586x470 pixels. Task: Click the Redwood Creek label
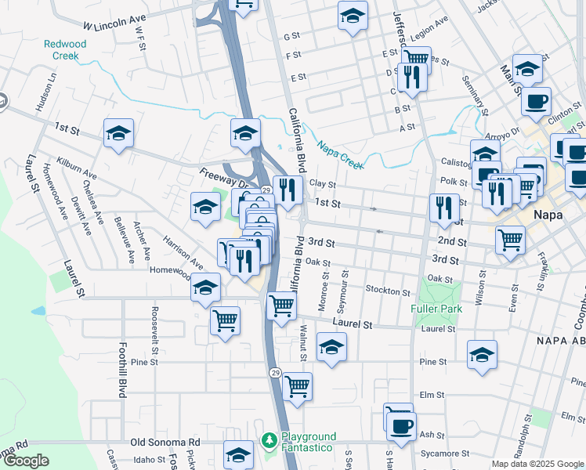(66, 50)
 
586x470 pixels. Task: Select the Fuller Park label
(436, 309)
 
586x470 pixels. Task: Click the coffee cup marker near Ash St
(402, 426)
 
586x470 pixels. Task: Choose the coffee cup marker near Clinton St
(537, 101)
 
